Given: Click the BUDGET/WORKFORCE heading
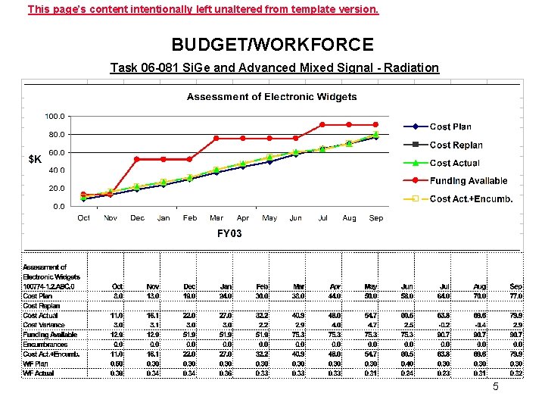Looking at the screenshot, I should tap(272, 45).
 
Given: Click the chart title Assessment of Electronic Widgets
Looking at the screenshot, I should tap(272, 96).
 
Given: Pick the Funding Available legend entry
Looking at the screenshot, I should tap(468, 181).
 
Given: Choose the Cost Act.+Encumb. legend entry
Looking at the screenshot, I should tap(471, 199).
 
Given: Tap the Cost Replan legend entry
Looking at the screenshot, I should tap(456, 145).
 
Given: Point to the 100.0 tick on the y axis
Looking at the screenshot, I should tap(54, 117).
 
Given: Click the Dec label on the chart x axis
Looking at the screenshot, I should tap(137, 218).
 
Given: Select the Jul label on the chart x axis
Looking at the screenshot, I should tap(323, 218).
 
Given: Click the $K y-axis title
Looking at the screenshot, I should tap(35, 159).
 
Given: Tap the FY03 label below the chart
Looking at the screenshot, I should tap(229, 233).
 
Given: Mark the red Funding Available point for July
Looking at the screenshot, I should tap(322, 124).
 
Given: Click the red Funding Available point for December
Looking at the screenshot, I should tap(137, 159).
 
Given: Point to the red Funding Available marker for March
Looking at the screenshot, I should tap(216, 139).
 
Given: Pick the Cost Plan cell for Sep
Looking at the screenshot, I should tap(516, 295).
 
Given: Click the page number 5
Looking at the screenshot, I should tap(496, 387).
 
